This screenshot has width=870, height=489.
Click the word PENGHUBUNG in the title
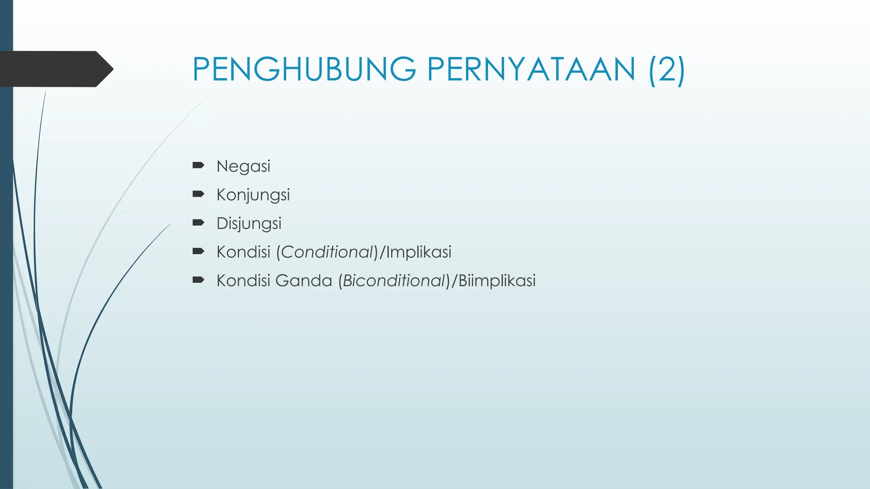tap(304, 69)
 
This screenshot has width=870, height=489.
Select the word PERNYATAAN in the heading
tap(531, 69)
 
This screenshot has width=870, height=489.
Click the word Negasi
tap(243, 166)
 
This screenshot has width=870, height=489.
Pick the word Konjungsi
tap(253, 195)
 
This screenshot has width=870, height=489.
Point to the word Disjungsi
tap(249, 224)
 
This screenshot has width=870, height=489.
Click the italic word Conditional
tap(327, 252)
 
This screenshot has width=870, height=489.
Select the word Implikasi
tap(418, 252)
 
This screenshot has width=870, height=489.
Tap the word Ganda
tap(303, 281)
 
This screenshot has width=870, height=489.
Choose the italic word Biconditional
tap(393, 281)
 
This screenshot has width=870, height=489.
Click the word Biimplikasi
tap(497, 281)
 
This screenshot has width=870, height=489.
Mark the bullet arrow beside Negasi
tap(198, 165)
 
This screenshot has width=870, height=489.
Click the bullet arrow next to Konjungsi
tap(198, 194)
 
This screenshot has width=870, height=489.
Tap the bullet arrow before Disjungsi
tap(198, 222)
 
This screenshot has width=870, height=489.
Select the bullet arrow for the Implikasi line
tap(198, 251)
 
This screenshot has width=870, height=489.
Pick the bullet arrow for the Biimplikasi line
tap(198, 279)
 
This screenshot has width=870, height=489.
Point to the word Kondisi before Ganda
tap(243, 281)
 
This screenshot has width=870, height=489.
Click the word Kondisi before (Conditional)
tap(243, 252)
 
